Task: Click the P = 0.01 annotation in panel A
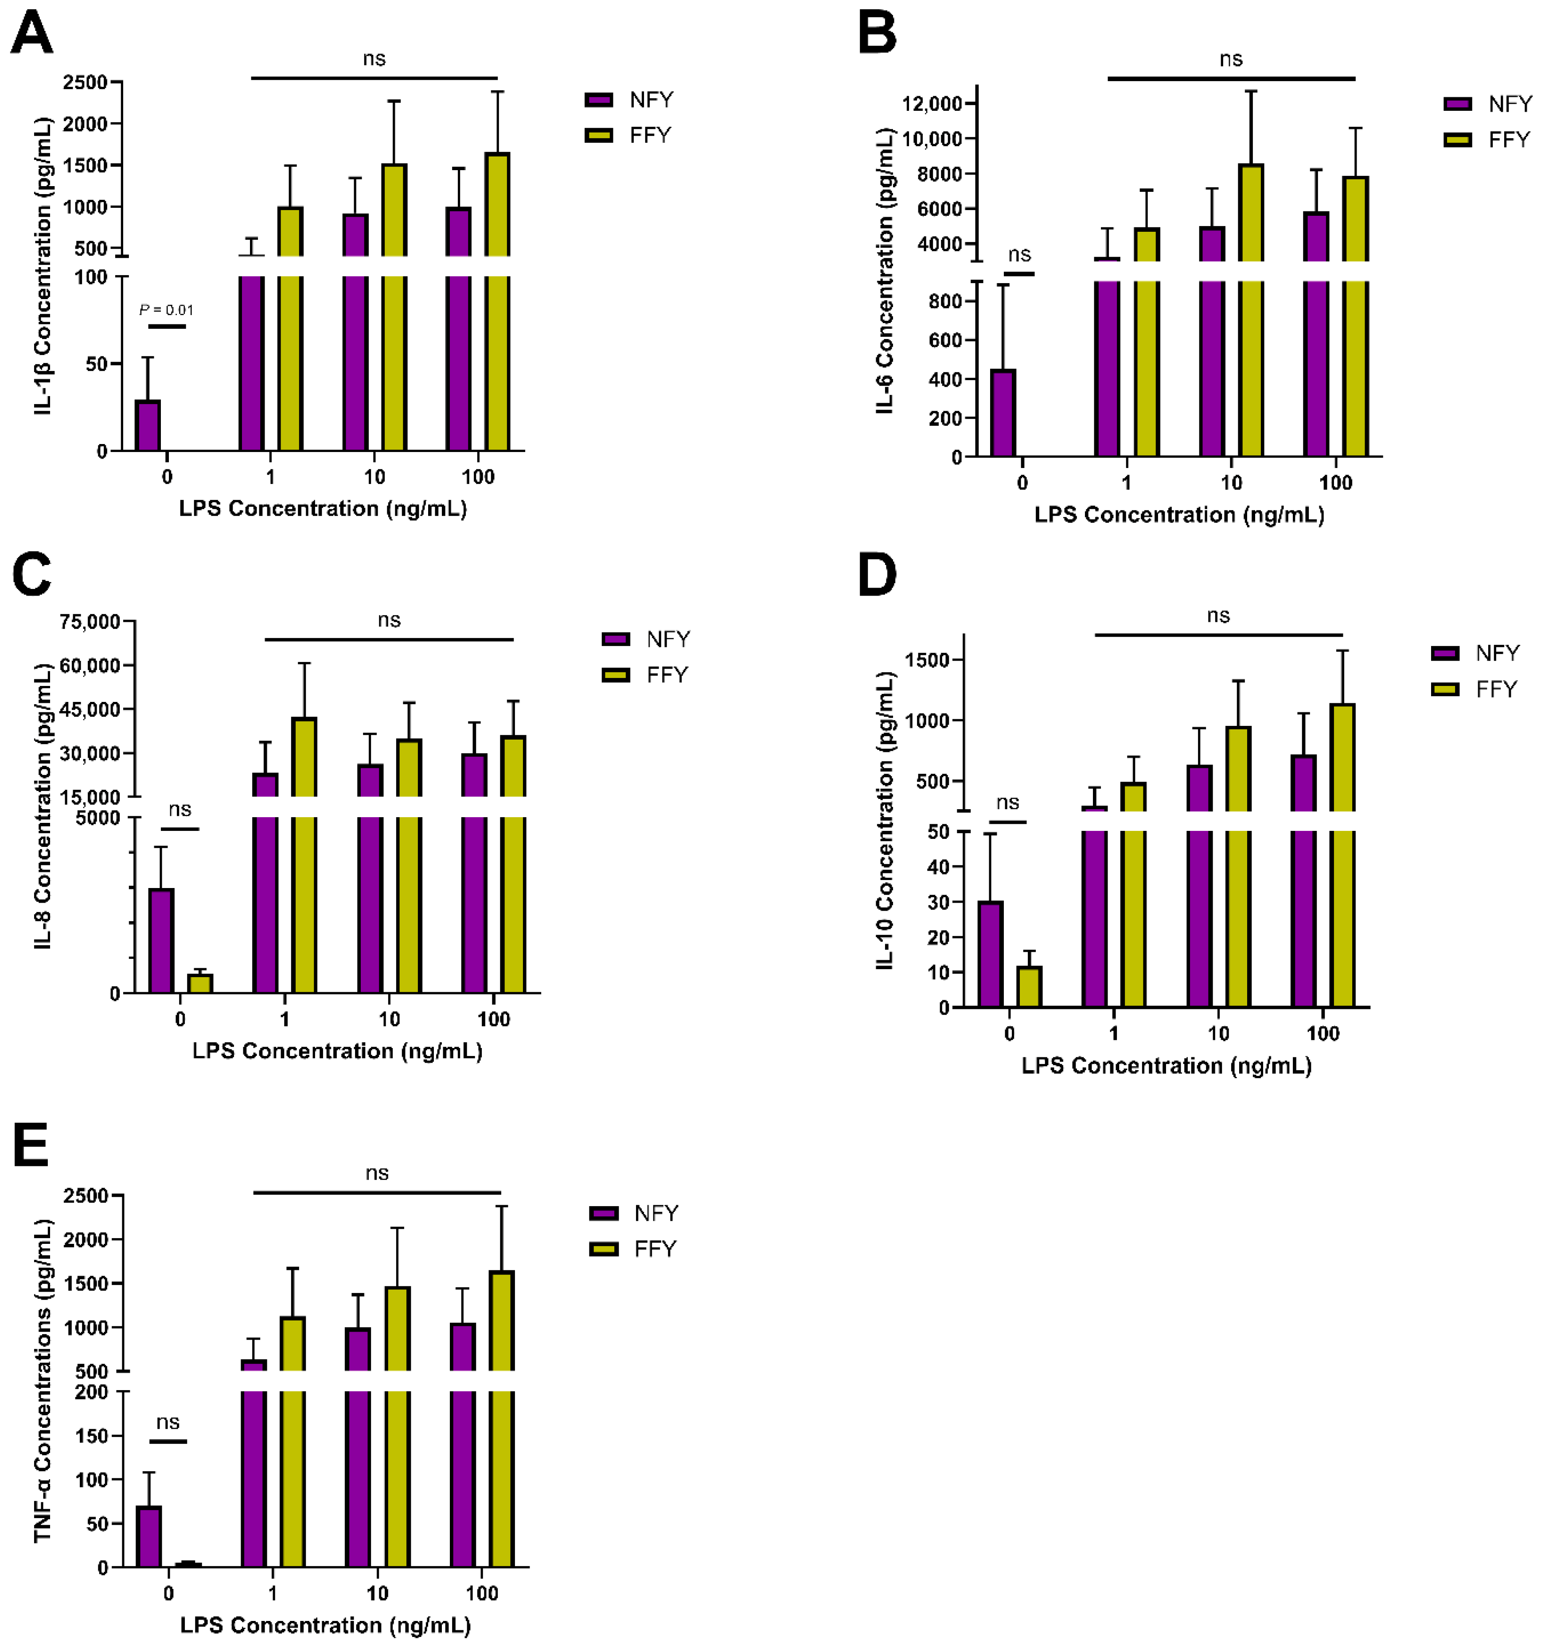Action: [166, 310]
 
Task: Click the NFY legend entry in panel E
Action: [634, 1213]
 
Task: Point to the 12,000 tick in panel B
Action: [932, 103]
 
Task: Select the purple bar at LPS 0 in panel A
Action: [148, 425]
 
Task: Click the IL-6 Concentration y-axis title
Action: [885, 270]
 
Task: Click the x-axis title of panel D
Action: [1166, 1065]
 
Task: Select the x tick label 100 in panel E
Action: [481, 1593]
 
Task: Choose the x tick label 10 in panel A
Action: [375, 477]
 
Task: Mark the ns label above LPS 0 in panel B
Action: [1019, 255]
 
